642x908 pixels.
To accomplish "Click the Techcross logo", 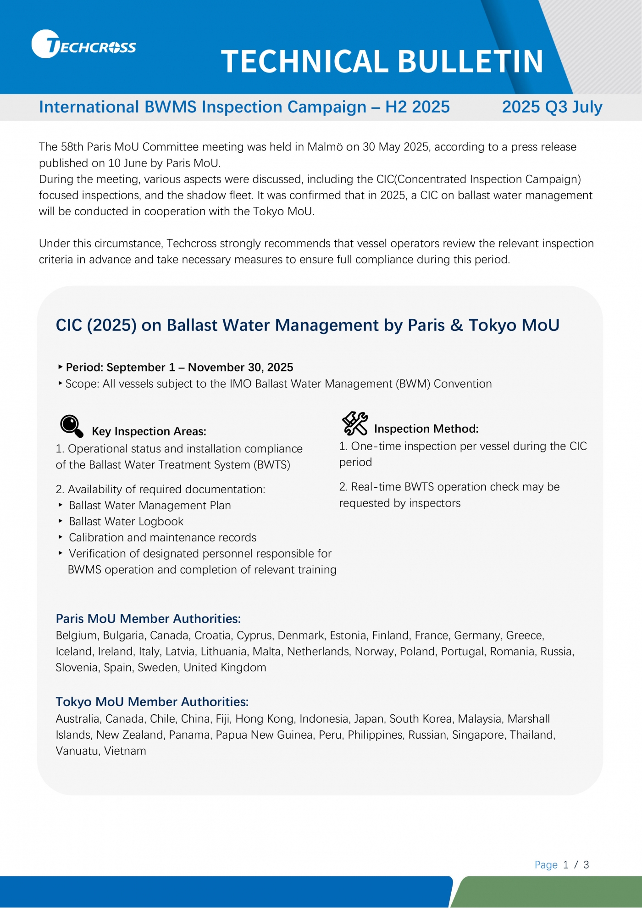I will click(83, 45).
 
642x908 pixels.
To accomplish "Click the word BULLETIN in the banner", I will click(470, 61).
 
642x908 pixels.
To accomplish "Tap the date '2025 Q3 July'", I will click(552, 107).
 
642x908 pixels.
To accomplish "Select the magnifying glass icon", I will click(72, 426).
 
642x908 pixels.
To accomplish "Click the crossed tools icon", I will click(354, 423).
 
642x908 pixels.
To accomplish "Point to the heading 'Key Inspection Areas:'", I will click(149, 431).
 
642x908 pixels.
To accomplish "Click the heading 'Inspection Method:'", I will click(426, 429).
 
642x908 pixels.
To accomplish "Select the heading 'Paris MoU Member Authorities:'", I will click(148, 618).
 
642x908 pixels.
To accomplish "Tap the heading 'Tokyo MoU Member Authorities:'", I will click(152, 702).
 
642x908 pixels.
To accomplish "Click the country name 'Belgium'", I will click(77, 635).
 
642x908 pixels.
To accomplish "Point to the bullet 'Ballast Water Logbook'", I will click(126, 521).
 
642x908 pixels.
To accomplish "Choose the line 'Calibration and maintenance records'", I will click(162, 537).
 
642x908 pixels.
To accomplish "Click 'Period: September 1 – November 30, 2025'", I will click(179, 367).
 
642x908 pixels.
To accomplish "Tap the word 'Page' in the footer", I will click(546, 865).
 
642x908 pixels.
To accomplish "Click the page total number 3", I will click(586, 865).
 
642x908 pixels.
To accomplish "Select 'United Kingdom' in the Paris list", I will click(225, 667).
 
